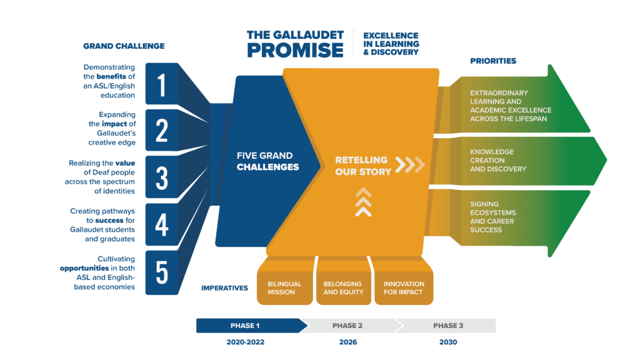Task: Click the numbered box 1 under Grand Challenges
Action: click(162, 84)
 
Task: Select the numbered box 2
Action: click(162, 131)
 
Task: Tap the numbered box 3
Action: click(162, 177)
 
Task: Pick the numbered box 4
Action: click(162, 224)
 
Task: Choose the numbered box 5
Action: click(162, 272)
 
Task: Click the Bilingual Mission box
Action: click(284, 288)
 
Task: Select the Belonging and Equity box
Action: click(343, 288)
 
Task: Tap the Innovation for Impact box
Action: click(403, 288)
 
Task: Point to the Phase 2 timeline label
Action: click(347, 326)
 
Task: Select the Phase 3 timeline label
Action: click(448, 326)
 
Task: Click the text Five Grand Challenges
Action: click(267, 161)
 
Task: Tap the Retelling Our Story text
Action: click(363, 166)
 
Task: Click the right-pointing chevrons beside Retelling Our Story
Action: click(410, 165)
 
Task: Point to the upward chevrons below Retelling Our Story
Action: click(363, 202)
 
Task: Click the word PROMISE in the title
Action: click(295, 50)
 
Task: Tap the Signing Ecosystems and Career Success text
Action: click(494, 217)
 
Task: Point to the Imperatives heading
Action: click(224, 288)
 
